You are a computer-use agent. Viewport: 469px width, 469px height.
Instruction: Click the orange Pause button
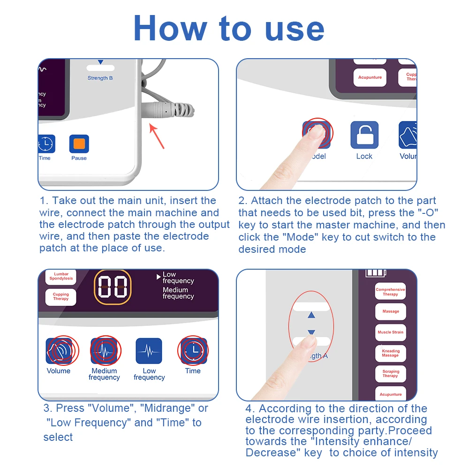(79, 144)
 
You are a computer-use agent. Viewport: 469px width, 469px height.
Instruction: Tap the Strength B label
(100, 78)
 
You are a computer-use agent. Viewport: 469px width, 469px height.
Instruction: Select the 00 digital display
(113, 287)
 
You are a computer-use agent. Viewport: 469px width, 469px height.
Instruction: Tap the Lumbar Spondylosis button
(61, 276)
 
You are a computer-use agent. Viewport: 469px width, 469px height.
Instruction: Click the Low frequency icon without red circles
(149, 351)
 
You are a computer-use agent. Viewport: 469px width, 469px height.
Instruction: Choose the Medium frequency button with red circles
(104, 351)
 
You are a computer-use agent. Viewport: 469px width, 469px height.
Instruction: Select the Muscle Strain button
(390, 332)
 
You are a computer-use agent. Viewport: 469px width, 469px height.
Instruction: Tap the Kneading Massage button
(390, 353)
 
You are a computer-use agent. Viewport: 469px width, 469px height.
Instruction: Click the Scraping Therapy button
(390, 374)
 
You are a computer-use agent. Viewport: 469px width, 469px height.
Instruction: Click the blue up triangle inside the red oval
(311, 316)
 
